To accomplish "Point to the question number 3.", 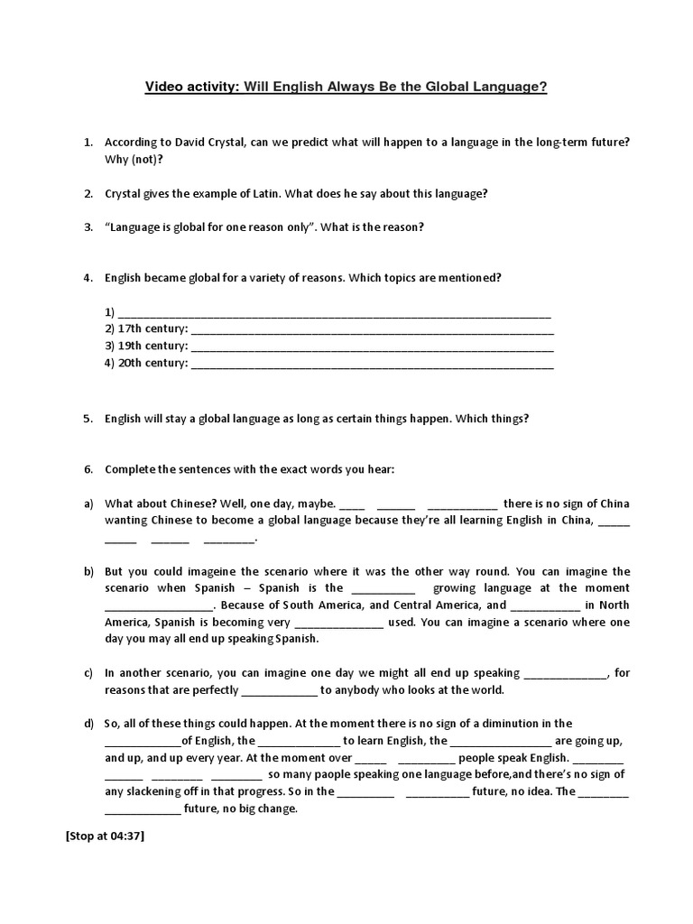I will (x=88, y=227).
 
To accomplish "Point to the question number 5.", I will (x=88, y=419).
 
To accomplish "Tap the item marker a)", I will (x=88, y=504).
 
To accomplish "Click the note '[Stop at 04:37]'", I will (x=105, y=836).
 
